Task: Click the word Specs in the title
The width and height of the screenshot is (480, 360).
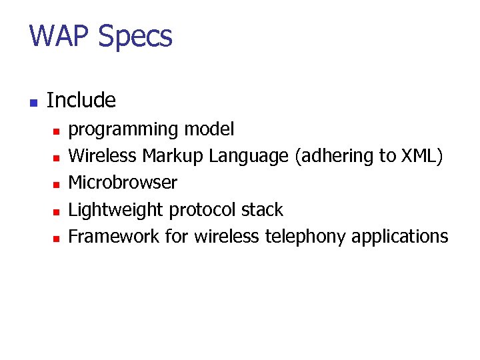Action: [135, 37]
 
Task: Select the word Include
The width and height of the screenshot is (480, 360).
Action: [81, 101]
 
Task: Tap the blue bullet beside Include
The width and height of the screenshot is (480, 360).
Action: [33, 103]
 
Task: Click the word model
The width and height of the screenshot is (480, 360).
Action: [209, 129]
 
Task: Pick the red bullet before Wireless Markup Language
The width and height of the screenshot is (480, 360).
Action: [57, 158]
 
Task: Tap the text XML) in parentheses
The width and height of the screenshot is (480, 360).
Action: [421, 156]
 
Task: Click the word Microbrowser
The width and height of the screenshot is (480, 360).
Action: [123, 183]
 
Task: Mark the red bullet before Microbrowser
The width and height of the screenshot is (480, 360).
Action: [57, 185]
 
